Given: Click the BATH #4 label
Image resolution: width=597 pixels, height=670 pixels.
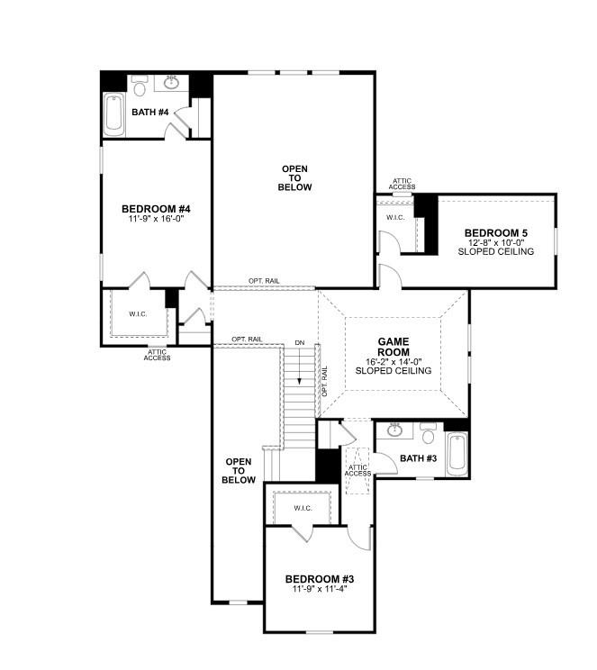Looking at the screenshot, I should pos(150,113).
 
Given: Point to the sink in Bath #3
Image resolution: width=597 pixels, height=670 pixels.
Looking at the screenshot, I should pos(393,430).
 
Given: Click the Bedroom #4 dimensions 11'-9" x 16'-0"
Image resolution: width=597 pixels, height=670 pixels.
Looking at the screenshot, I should pos(156,219).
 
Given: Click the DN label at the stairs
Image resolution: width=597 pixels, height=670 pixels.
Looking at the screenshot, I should pos(299,342).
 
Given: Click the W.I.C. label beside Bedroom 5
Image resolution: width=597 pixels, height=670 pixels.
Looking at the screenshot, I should pos(395,217).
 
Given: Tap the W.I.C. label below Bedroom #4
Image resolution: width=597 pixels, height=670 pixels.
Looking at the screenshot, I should pos(137,314).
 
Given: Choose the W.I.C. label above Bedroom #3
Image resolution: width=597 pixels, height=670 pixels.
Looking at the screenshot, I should pos(302,508).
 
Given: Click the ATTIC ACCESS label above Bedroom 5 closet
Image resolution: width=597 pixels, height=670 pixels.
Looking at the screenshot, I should pos(403,185).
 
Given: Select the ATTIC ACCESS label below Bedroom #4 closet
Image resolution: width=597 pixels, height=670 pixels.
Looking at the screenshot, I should pos(157,354).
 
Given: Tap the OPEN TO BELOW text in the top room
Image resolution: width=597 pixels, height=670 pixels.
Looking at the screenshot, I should pos(296,178).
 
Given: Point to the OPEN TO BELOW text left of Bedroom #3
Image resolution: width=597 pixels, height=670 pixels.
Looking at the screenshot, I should pos(239,470).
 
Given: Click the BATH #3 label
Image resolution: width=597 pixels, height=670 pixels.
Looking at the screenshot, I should pos(417,459).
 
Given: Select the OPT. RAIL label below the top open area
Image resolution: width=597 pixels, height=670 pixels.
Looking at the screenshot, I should pos(265,281).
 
